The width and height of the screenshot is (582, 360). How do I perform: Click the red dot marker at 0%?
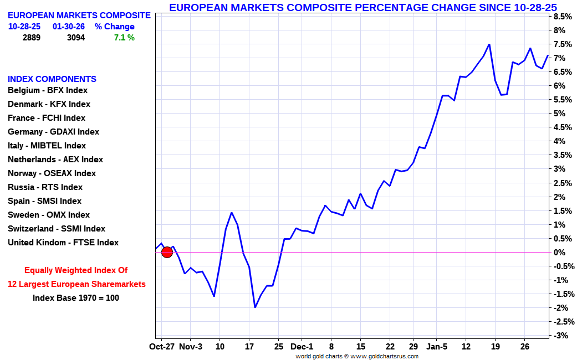pyautogui.click(x=167, y=252)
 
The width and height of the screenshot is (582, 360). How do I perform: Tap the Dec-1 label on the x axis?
pyautogui.click(x=302, y=347)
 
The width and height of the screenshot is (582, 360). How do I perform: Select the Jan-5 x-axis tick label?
pyautogui.click(x=437, y=347)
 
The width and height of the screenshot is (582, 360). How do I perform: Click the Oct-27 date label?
pyautogui.click(x=162, y=347)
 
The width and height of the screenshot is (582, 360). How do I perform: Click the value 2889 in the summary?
pyautogui.click(x=32, y=38)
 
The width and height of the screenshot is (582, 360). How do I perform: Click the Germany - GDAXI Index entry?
pyautogui.click(x=53, y=132)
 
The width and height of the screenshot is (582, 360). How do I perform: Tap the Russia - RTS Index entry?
pyautogui.click(x=45, y=187)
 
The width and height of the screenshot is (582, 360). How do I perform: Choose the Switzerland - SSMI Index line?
pyautogui.click(x=56, y=229)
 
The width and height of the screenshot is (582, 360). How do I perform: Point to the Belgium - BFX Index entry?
pyautogui.click(x=48, y=90)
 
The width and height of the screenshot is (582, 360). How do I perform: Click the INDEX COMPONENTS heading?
pyautogui.click(x=52, y=79)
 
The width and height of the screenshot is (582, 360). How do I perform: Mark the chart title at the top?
pyautogui.click(x=363, y=7)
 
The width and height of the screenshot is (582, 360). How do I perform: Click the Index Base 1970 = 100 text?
pyautogui.click(x=76, y=298)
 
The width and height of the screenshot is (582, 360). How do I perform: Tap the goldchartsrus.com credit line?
pyautogui.click(x=357, y=356)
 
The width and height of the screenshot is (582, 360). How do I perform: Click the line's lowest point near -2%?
pyautogui.click(x=255, y=307)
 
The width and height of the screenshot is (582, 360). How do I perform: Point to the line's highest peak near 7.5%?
pyautogui.click(x=489, y=44)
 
